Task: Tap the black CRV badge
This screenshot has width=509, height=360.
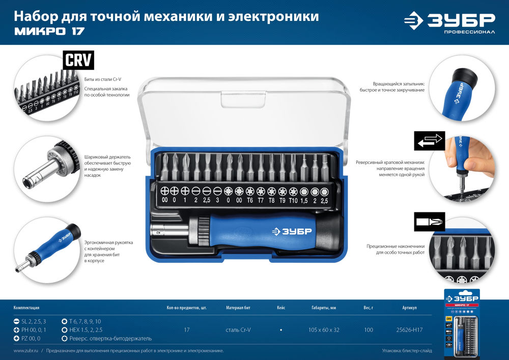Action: tap(78, 61)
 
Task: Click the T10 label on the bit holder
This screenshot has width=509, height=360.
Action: tap(293, 201)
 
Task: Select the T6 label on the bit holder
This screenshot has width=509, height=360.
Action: tap(250, 201)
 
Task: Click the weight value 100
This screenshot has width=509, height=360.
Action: tap(369, 330)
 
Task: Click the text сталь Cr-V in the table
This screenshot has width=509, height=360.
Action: tap(238, 330)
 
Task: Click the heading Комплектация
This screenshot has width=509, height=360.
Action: tap(26, 308)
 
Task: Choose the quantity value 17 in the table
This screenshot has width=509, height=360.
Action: tap(186, 330)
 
